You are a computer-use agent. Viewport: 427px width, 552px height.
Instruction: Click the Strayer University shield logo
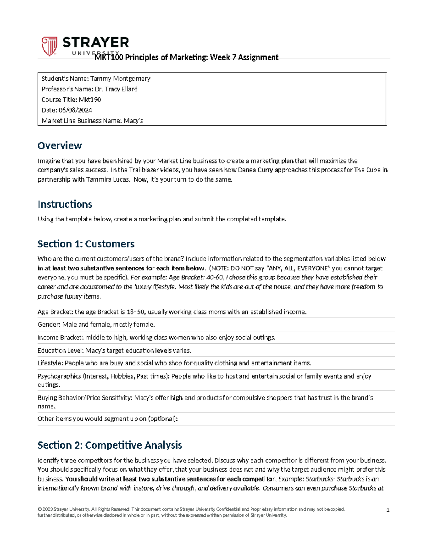pos(49,46)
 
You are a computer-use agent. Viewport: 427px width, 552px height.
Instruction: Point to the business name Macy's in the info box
pos(133,121)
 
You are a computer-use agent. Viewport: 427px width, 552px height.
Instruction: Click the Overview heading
pos(60,146)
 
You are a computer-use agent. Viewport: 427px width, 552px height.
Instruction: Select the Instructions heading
pos(65,204)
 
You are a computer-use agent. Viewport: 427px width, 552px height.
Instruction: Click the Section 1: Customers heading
pos(86,244)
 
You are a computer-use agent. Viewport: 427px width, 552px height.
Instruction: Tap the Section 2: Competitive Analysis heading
pos(110,445)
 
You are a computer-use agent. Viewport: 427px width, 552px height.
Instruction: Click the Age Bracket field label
pos(55,312)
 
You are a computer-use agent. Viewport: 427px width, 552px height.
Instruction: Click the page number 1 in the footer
pos(388,510)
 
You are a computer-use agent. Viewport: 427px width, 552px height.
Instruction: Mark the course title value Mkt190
pos(90,100)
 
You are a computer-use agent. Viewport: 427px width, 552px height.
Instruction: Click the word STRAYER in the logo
pos(96,43)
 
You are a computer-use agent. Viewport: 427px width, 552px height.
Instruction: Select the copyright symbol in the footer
pos(39,509)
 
